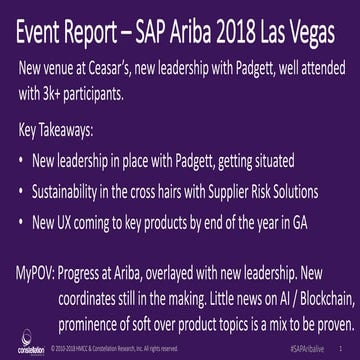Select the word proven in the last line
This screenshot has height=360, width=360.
pos(318,322)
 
